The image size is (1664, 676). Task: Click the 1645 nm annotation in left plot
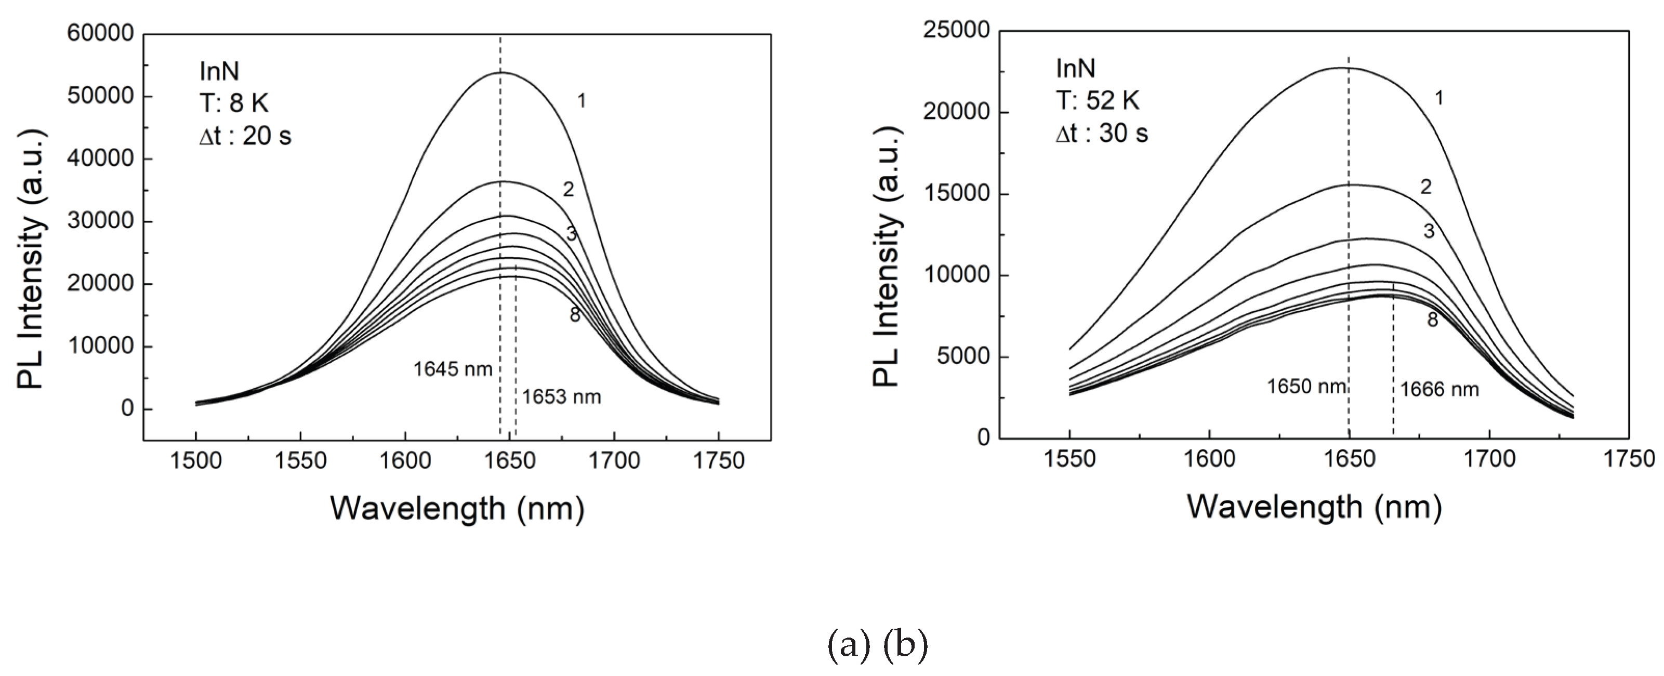pyautogui.click(x=453, y=369)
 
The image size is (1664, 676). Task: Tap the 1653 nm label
pyautogui.click(x=561, y=396)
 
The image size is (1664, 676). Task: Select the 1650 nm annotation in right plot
pyautogui.click(x=1306, y=386)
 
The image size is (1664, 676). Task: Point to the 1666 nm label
pyautogui.click(x=1439, y=389)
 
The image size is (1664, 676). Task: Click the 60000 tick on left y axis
pyautogui.click(x=100, y=34)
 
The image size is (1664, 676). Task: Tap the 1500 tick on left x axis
pyautogui.click(x=195, y=460)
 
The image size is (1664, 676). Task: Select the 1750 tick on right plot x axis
pyautogui.click(x=1629, y=458)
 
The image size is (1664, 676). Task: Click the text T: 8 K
pyautogui.click(x=233, y=103)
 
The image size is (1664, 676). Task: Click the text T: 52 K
pyautogui.click(x=1098, y=100)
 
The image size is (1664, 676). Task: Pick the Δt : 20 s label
pyautogui.click(x=245, y=136)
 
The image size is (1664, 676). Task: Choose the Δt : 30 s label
pyautogui.click(x=1102, y=134)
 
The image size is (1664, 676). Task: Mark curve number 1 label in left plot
pyautogui.click(x=582, y=101)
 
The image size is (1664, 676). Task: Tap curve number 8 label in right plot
pyautogui.click(x=1432, y=320)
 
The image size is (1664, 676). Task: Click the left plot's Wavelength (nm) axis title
pyautogui.click(x=457, y=508)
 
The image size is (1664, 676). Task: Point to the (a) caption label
pyautogui.click(x=849, y=645)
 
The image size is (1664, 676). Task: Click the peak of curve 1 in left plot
pyautogui.click(x=500, y=72)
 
